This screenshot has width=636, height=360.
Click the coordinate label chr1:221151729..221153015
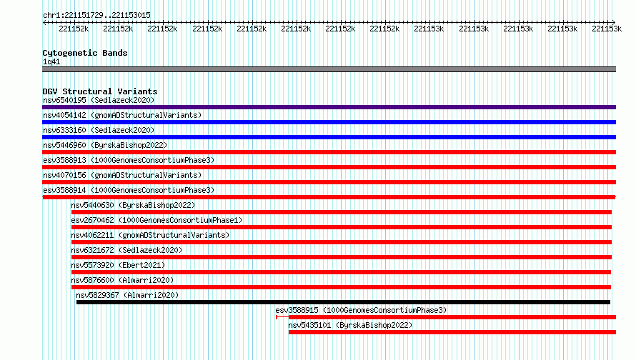(x=96, y=15)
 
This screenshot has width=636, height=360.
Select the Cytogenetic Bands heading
(x=85, y=53)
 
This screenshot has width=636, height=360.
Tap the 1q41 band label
(x=51, y=61)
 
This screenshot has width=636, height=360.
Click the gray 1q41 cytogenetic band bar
(x=329, y=69)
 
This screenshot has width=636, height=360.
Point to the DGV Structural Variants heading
(x=100, y=91)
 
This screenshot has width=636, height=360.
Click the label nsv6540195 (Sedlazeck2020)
(x=99, y=100)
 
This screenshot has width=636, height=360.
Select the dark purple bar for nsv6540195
(x=329, y=107)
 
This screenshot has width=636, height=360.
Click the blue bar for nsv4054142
(x=329, y=122)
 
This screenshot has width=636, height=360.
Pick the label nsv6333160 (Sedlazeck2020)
(x=99, y=130)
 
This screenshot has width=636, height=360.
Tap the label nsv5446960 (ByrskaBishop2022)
(x=105, y=145)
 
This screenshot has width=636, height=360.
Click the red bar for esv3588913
(x=329, y=167)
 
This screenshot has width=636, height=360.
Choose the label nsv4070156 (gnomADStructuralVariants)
(x=122, y=175)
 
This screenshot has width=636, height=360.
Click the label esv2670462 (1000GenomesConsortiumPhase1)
(x=156, y=220)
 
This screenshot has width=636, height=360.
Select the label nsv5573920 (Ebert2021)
(x=118, y=265)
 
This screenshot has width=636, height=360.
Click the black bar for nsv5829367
(x=343, y=302)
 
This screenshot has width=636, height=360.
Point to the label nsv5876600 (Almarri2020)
(x=122, y=280)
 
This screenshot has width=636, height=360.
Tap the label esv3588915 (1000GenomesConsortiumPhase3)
(x=361, y=310)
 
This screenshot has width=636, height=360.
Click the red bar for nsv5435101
(x=452, y=332)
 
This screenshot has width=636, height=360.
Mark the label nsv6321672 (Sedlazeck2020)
(x=126, y=250)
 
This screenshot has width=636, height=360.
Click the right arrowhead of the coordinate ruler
(x=614, y=22)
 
